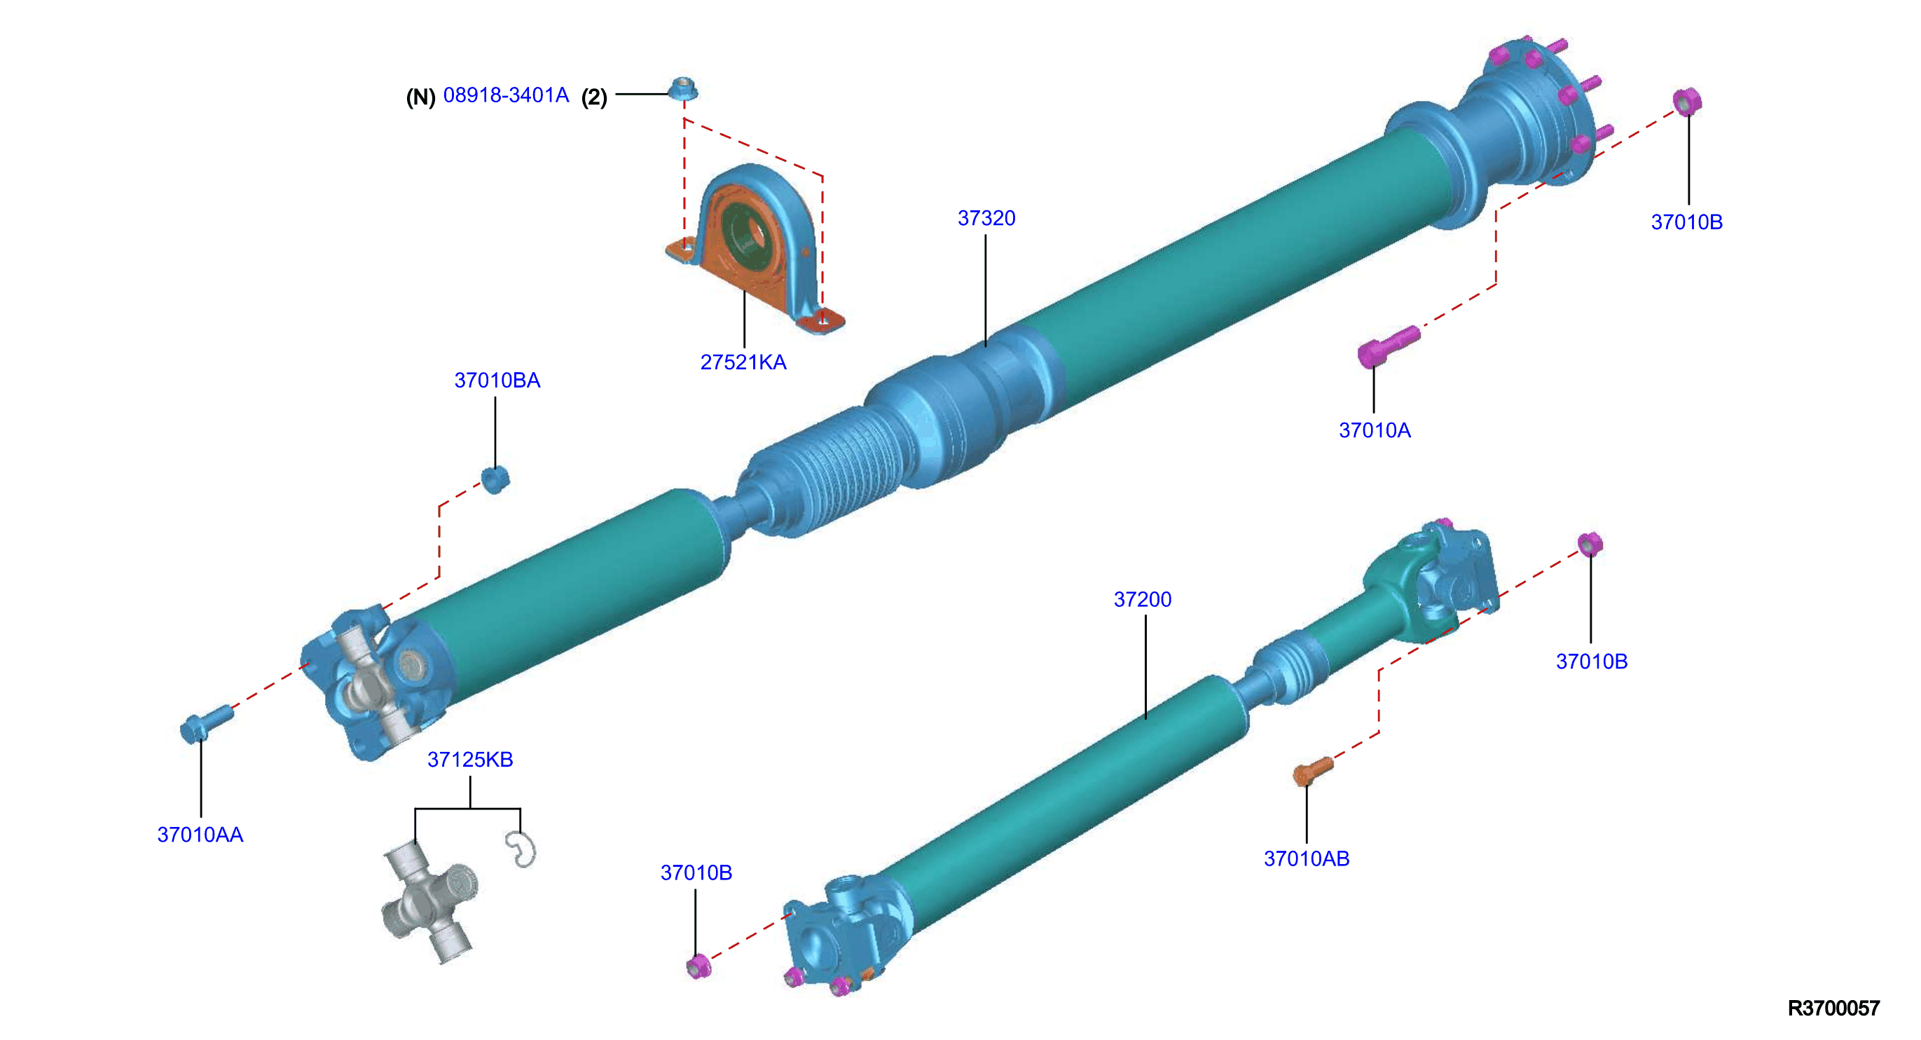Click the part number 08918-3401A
pos(506,95)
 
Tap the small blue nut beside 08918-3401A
pos(682,89)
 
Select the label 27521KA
pos(743,362)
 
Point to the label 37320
pos(986,219)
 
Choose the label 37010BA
pos(497,381)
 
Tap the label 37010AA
pos(200,835)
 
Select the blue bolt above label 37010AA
pos(206,724)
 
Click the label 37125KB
pos(470,760)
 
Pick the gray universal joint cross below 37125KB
pos(429,901)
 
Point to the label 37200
pos(1143,600)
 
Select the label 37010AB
pos(1307,858)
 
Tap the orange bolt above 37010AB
pos(1312,771)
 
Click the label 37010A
pos(1375,430)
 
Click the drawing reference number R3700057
pos(1833,1008)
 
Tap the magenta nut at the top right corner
pos(1686,102)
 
